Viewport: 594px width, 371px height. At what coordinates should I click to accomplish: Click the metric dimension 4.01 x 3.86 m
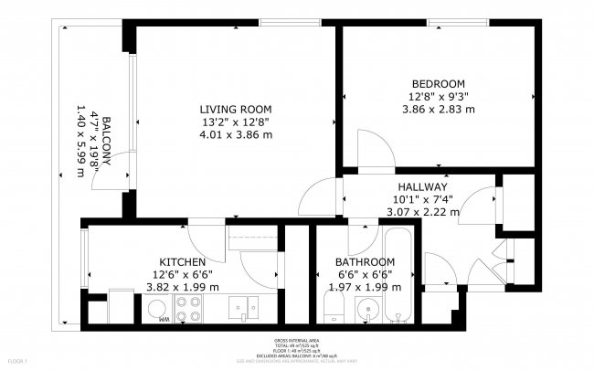point(236,134)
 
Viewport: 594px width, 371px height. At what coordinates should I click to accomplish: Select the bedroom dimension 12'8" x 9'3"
point(438,96)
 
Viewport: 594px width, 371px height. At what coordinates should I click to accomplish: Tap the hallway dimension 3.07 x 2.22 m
point(421,211)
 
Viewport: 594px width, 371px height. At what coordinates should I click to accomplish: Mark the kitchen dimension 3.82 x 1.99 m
point(183,286)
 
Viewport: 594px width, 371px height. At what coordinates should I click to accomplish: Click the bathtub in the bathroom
point(399,278)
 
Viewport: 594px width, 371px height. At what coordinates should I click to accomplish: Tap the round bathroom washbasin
point(367,307)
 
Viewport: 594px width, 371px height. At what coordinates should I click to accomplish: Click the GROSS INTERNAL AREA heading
point(296,340)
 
